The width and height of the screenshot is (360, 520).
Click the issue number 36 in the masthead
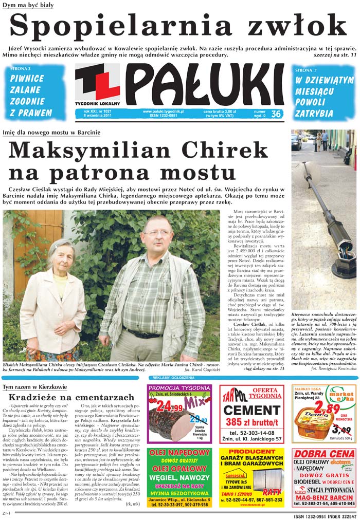pos(275,114)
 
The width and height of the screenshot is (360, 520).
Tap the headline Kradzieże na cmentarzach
pos(71,397)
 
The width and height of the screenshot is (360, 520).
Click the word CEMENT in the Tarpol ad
pos(251,410)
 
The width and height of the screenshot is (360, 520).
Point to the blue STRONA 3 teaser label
pos(20,68)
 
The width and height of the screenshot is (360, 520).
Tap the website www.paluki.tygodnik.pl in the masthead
pos(163,111)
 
